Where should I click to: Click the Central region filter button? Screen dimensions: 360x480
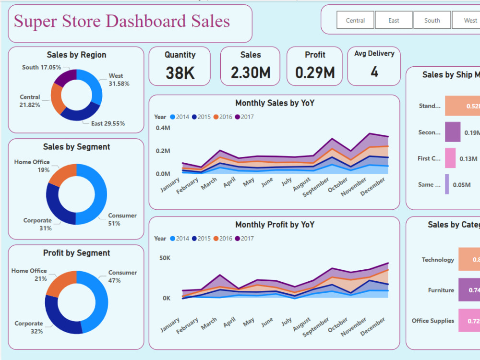355,20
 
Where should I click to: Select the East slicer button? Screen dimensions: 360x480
394,20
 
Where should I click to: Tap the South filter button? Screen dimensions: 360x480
432,20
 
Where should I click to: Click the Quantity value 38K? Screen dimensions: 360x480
180,73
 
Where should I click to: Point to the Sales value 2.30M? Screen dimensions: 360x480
251,73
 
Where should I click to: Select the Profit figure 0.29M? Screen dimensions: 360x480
315,73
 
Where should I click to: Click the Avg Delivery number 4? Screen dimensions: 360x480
374,72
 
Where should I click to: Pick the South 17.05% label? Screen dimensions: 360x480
42,68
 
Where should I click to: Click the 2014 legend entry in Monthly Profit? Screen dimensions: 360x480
180,239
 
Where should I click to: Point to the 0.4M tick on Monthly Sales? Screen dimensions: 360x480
163,128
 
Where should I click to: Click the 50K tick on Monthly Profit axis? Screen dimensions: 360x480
165,258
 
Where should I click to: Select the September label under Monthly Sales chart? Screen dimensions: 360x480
315,187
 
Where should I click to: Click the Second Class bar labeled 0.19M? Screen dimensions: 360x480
453,132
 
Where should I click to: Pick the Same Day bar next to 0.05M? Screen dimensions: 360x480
447,184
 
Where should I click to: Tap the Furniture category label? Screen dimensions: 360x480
441,290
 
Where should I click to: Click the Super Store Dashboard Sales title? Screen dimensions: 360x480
122,22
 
